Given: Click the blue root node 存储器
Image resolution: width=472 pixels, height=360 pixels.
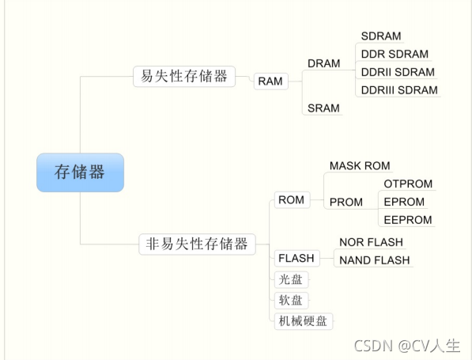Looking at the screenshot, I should coord(80,172).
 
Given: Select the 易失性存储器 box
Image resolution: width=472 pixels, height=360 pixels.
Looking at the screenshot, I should coord(184,76).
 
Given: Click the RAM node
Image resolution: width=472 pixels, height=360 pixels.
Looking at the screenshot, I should coord(270,81).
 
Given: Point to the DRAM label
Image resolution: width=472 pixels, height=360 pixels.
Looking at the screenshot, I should coord(323,63).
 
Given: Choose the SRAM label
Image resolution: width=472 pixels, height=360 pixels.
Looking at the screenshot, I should coord(323,108).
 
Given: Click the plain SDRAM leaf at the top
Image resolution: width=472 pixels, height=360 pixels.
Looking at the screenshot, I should coord(381,36).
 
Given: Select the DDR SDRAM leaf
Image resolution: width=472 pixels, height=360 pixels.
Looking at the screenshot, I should coord(395,54).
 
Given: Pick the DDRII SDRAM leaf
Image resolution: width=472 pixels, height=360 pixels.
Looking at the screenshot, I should coord(398,72).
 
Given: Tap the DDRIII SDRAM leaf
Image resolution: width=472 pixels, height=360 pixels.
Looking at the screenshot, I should coord(399,90).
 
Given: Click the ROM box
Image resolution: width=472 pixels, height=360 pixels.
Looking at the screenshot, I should coord(291,200).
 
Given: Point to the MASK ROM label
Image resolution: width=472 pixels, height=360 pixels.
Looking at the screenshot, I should coord(360,165).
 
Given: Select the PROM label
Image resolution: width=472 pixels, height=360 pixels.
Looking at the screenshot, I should coord(346,202).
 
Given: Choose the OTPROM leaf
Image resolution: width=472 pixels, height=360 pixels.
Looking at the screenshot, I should coord(408,184).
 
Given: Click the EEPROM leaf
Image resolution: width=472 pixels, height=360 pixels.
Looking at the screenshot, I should coord(408,220).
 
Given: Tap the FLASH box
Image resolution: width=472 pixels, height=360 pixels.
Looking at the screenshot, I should coord(296,258).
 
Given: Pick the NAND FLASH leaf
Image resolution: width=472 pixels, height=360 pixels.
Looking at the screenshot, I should coord(375,260).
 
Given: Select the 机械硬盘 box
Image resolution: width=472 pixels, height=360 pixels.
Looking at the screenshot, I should coord(302,320).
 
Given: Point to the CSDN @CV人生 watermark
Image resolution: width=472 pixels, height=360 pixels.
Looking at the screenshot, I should coord(406,346).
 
